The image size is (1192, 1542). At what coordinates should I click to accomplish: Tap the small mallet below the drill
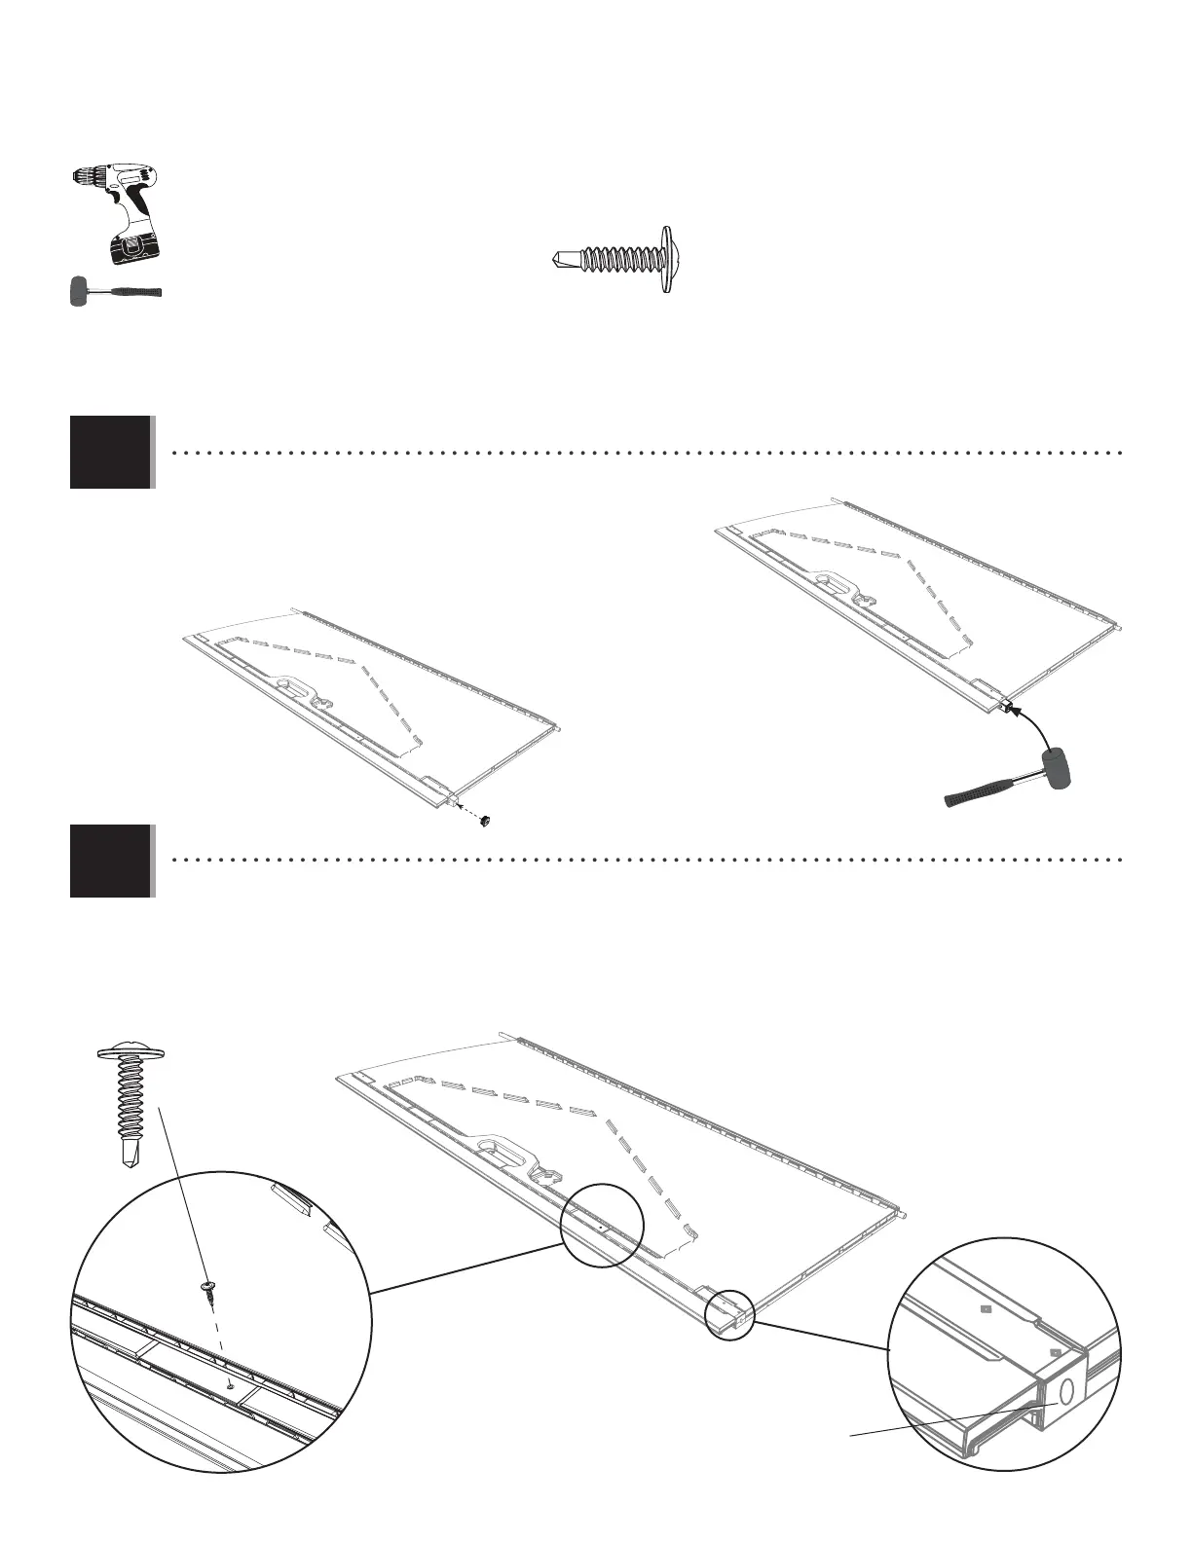coord(115,292)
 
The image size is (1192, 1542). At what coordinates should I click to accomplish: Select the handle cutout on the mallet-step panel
coord(828,582)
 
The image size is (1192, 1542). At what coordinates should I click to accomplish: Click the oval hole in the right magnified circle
coord(1065,1391)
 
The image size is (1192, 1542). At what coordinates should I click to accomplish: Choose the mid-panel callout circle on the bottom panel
coord(602,1225)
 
